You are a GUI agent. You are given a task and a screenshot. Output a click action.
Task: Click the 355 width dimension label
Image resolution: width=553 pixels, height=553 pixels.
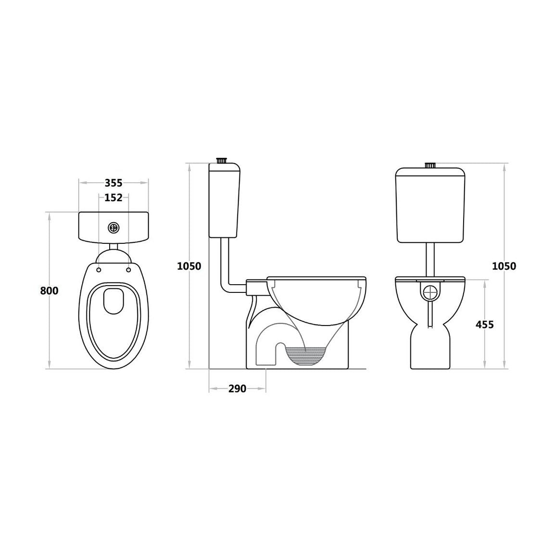(113, 183)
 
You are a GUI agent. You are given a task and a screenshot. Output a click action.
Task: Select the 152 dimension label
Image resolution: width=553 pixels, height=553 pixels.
(113, 198)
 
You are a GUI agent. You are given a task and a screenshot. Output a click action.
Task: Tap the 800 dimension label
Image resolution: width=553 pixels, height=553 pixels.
(49, 291)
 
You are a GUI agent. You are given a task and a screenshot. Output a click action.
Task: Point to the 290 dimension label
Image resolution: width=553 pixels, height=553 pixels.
(238, 389)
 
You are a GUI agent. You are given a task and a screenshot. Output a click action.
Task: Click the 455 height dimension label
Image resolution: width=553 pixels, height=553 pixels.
(485, 325)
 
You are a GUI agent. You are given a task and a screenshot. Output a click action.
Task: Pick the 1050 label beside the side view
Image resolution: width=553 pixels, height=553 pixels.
(189, 266)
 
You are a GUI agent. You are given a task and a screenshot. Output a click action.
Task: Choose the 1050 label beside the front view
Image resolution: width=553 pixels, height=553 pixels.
(504, 266)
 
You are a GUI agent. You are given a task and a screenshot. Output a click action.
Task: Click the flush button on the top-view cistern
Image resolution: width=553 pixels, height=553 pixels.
(114, 228)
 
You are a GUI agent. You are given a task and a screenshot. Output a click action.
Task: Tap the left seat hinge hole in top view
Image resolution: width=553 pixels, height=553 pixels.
(99, 270)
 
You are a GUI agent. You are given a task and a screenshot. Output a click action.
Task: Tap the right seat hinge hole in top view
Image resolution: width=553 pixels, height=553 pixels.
(129, 270)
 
